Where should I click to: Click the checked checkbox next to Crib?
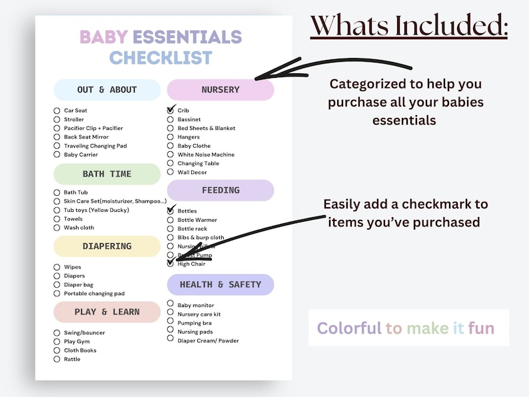(171, 111)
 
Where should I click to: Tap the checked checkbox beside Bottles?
(171, 211)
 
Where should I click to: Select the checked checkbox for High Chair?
(171, 264)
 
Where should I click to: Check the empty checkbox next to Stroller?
(57, 120)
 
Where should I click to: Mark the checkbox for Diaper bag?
(57, 284)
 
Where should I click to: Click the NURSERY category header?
(221, 90)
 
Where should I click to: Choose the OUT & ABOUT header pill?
(107, 90)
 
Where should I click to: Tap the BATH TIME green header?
(107, 174)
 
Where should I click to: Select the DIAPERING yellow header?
(107, 246)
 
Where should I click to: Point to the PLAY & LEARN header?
(107, 312)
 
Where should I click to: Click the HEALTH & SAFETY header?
(221, 284)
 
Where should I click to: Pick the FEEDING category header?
(221, 191)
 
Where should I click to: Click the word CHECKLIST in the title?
(161, 58)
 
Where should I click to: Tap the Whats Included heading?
(409, 26)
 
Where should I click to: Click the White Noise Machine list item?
(206, 155)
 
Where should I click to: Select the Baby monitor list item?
(196, 305)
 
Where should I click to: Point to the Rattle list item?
(72, 359)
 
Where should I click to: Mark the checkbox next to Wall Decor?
(171, 173)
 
